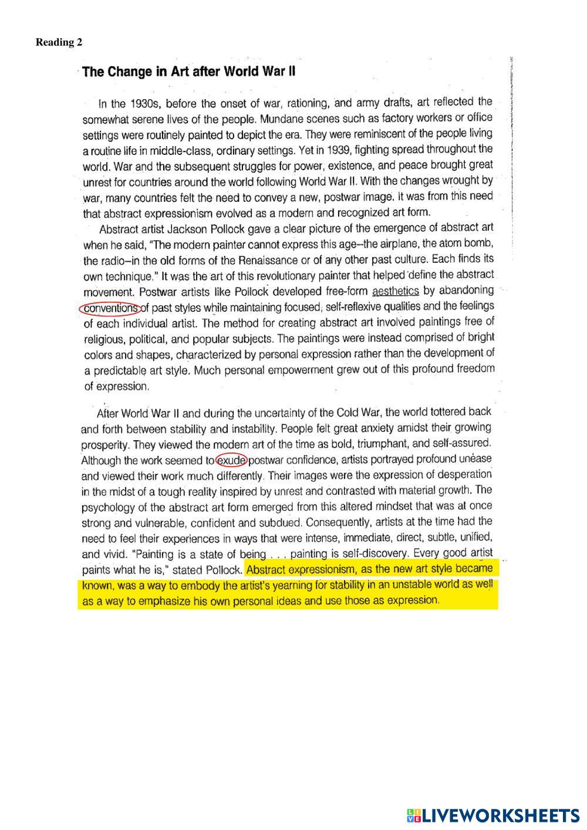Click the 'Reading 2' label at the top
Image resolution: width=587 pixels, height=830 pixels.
tap(59, 42)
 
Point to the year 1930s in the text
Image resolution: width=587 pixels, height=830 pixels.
tap(144, 104)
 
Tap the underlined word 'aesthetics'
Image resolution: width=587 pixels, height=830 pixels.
tap(396, 291)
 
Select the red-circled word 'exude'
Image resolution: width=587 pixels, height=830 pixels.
tap(231, 460)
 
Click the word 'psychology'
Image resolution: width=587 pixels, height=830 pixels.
tap(105, 507)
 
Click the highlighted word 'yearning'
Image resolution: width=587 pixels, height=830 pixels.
tap(325, 585)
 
